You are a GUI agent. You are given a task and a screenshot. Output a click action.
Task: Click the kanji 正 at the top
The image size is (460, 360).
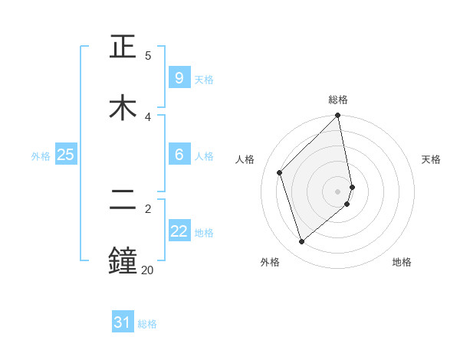pyautogui.click(x=123, y=47)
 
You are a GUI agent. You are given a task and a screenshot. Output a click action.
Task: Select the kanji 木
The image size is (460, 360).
pyautogui.click(x=123, y=108)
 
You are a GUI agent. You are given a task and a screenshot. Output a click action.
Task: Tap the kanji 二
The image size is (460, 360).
pyautogui.click(x=123, y=201)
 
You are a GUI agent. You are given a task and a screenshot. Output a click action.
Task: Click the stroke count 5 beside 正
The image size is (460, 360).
pyautogui.click(x=148, y=55)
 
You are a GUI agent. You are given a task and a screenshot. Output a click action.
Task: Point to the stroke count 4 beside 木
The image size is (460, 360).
pyautogui.click(x=148, y=116)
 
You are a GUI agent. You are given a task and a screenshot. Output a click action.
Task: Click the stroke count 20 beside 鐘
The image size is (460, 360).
pyautogui.click(x=147, y=270)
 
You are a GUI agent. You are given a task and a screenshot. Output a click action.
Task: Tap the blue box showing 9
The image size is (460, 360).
pyautogui.click(x=179, y=78)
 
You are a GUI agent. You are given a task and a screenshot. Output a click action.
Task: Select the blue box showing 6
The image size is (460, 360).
pyautogui.click(x=179, y=155)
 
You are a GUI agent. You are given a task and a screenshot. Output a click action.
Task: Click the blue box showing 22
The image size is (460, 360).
pyautogui.click(x=179, y=231)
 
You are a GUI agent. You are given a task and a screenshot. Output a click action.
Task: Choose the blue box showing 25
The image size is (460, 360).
pyautogui.click(x=65, y=155)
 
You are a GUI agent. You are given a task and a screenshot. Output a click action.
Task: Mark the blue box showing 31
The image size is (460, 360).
pyautogui.click(x=123, y=322)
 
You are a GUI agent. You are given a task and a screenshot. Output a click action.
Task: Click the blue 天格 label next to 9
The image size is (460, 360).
pyautogui.click(x=204, y=79)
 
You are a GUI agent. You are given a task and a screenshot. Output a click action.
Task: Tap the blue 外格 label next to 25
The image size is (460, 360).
pyautogui.click(x=41, y=155)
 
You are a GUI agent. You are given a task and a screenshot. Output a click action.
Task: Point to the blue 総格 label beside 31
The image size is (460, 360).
pyautogui.click(x=147, y=323)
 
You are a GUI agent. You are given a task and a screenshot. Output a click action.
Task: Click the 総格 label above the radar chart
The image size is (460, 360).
pyautogui.click(x=338, y=100)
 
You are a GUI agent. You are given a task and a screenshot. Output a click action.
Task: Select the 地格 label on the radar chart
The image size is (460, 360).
pyautogui.click(x=402, y=262)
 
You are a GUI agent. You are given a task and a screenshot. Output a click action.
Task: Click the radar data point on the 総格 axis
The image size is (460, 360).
pyautogui.click(x=338, y=116)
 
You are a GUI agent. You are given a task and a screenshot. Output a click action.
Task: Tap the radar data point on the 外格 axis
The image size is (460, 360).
pyautogui.click(x=302, y=242)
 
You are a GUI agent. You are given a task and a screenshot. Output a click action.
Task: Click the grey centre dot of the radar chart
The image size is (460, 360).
pyautogui.click(x=338, y=191)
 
